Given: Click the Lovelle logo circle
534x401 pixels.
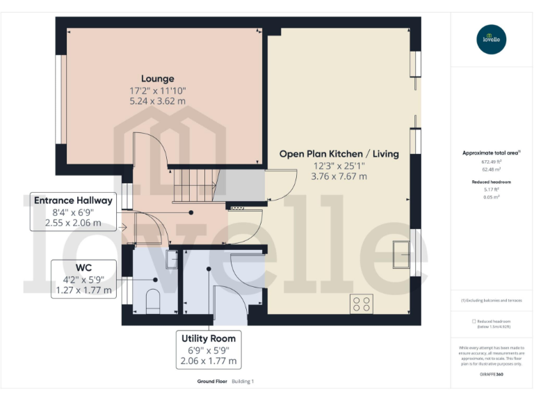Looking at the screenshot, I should pyautogui.click(x=492, y=39).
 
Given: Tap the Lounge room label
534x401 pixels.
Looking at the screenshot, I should pyautogui.click(x=158, y=79).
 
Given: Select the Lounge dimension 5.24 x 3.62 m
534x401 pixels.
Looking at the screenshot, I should pyautogui.click(x=158, y=101).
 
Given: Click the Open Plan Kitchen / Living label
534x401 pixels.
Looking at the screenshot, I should pyautogui.click(x=339, y=154).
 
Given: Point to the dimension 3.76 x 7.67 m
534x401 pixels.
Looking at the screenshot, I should pyautogui.click(x=339, y=176).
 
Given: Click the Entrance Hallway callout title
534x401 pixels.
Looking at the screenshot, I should pyautogui.click(x=73, y=200).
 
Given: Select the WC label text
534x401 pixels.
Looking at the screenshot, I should pyautogui.click(x=84, y=266).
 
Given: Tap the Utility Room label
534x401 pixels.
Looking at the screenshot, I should pyautogui.click(x=209, y=338).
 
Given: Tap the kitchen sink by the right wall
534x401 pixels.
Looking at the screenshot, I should pyautogui.click(x=401, y=253).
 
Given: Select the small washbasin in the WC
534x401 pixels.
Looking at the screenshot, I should pyautogui.click(x=171, y=259).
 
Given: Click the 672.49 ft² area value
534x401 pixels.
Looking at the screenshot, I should pyautogui.click(x=492, y=162).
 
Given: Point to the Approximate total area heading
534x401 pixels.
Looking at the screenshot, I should pyautogui.click(x=491, y=152).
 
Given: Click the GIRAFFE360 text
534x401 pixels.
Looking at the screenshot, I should pyautogui.click(x=492, y=375).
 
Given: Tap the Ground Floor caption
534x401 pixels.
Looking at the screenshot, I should pyautogui.click(x=211, y=382).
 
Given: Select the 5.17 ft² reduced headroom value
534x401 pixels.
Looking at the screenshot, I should pyautogui.click(x=492, y=189).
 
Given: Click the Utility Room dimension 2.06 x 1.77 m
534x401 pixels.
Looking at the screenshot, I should pyautogui.click(x=209, y=361).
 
